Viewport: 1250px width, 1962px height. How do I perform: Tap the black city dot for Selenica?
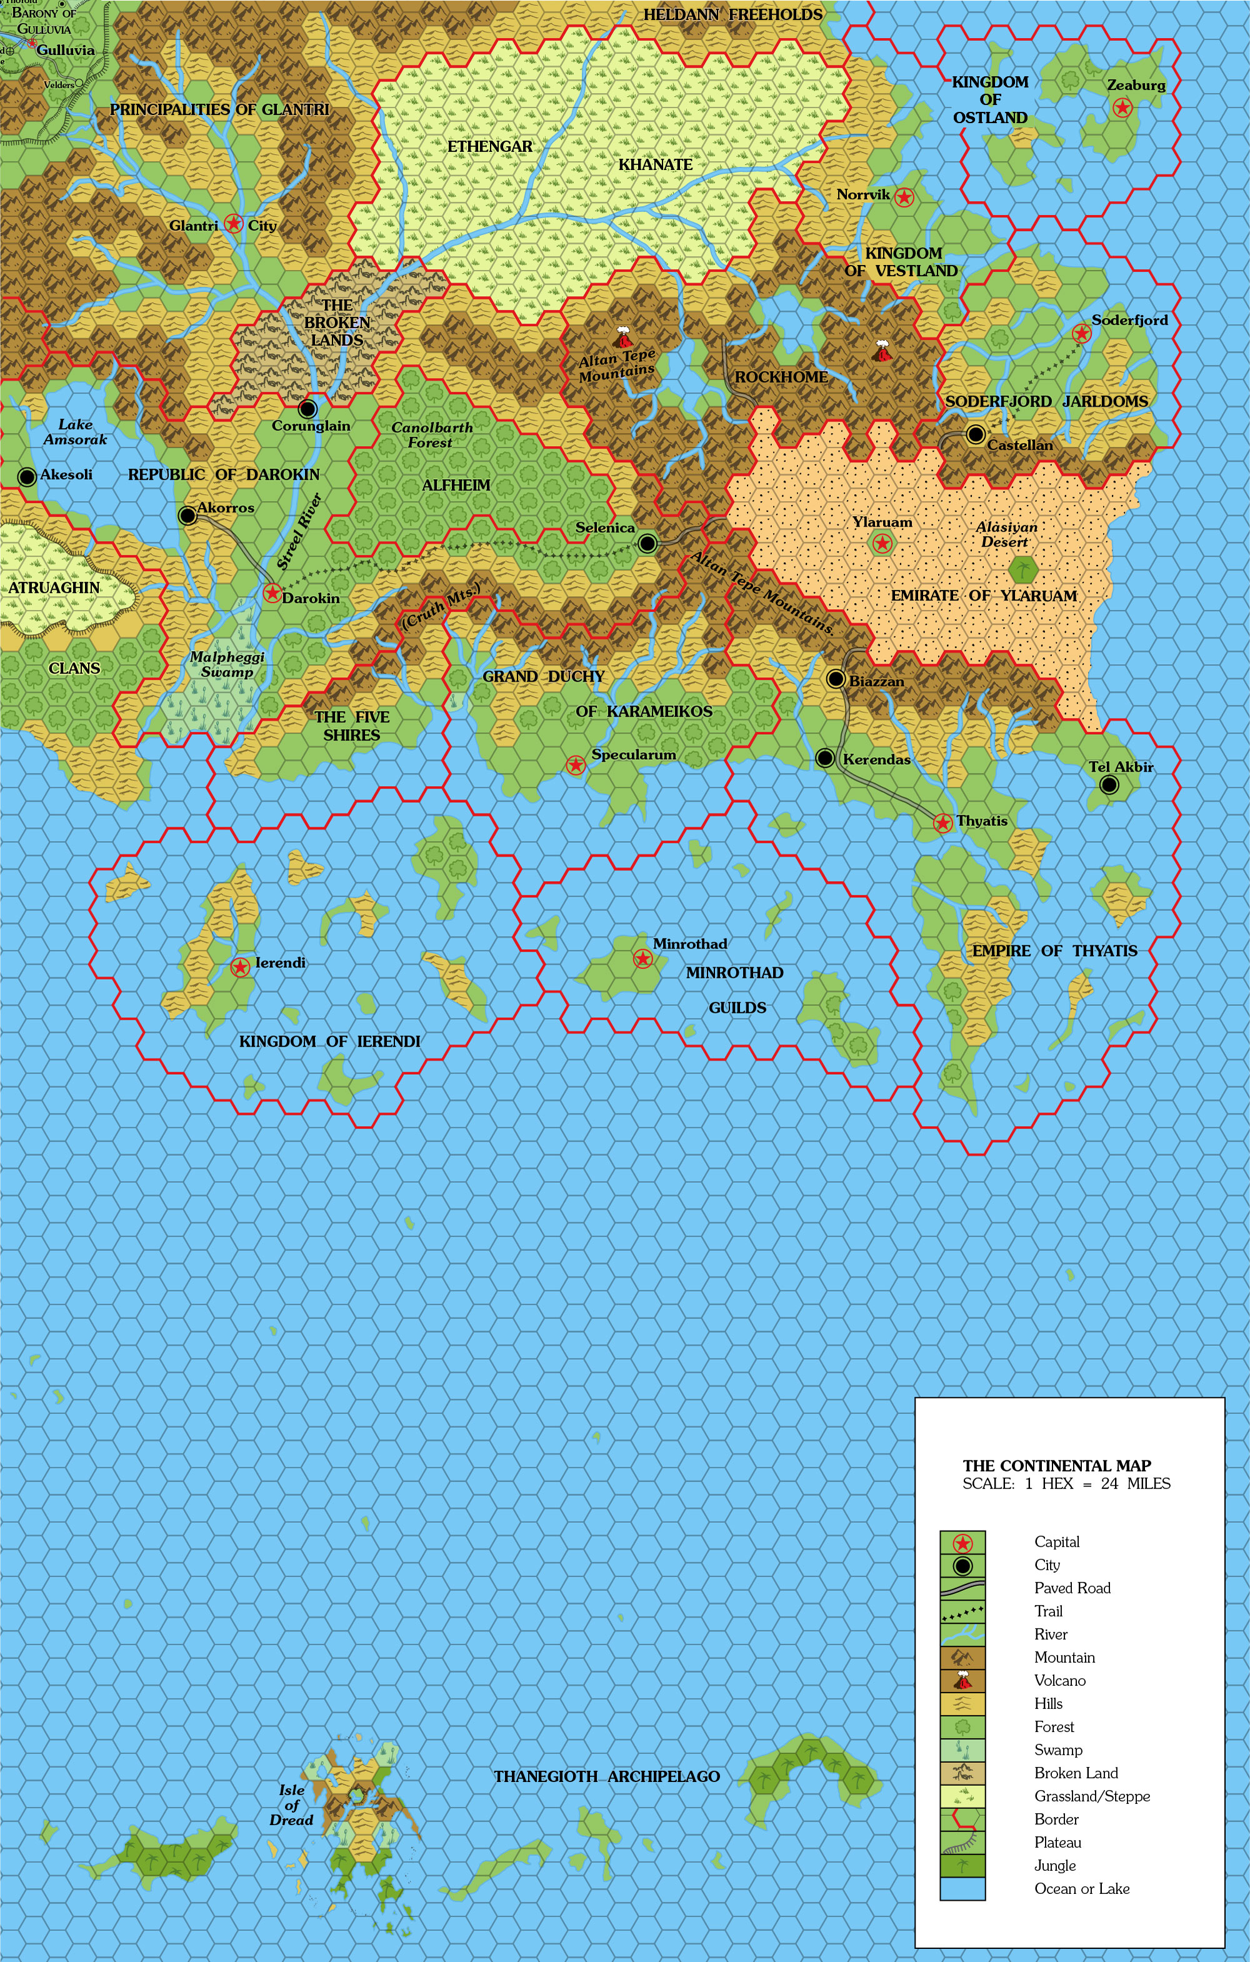647,542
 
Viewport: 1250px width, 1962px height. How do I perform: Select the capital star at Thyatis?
942,823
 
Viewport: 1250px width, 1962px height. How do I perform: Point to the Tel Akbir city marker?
1108,785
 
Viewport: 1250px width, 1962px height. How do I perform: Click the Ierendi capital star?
239,967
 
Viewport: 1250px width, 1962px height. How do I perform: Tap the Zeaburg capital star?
1122,107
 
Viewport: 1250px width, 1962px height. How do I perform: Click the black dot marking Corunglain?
308,408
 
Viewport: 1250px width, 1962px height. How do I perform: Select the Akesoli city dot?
27,477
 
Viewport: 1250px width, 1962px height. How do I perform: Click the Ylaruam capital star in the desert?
882,544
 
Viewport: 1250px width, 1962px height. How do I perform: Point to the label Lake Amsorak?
75,432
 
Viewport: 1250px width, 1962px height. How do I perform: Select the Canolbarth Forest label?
432,434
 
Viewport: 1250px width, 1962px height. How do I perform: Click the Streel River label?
299,531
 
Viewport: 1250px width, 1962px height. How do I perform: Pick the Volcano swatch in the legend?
962,1681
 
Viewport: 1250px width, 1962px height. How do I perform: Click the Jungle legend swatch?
962,1866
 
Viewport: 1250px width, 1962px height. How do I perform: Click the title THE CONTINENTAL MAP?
1057,1466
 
